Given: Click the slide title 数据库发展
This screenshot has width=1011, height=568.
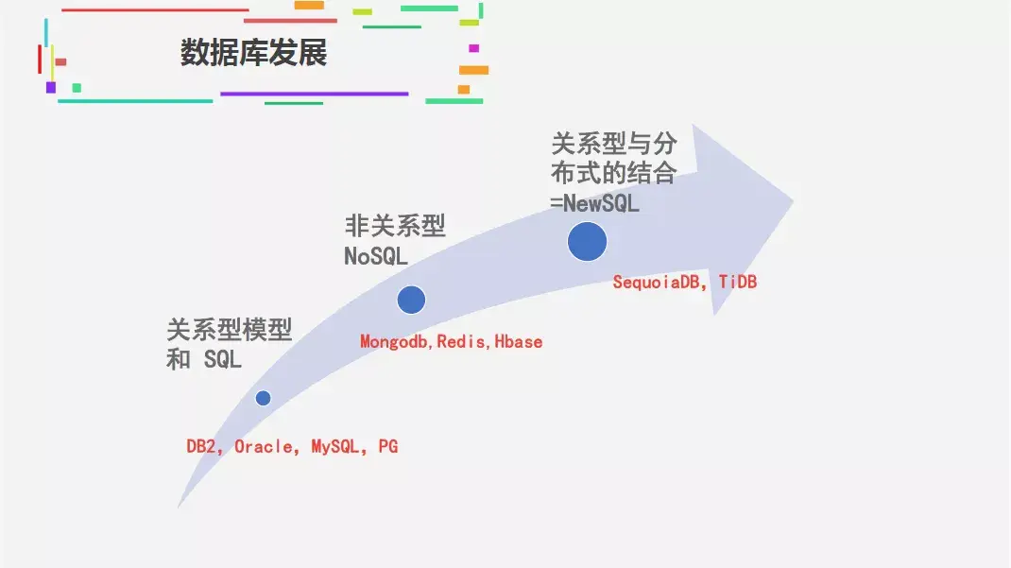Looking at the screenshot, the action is click(253, 53).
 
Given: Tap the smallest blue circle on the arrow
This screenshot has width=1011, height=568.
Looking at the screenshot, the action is click(263, 398).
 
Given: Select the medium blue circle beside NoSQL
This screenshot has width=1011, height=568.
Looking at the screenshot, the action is click(411, 300).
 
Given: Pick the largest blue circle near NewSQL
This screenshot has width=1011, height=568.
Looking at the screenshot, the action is click(587, 242).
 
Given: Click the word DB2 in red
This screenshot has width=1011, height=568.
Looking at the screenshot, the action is click(203, 447).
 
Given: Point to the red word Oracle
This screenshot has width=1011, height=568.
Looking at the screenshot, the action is click(264, 447).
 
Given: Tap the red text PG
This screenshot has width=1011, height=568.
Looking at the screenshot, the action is click(388, 447).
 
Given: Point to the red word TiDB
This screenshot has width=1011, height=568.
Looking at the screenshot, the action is click(738, 282).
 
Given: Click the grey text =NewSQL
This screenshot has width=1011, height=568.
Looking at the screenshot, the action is click(594, 202).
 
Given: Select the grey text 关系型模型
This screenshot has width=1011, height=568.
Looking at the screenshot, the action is click(230, 330).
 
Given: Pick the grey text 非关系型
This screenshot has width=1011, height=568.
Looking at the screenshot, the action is click(395, 226).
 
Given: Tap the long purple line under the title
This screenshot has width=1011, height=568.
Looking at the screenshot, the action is click(314, 94).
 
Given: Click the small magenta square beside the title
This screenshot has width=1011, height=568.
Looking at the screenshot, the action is click(473, 48).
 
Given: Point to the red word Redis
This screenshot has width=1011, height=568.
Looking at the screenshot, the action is click(462, 342).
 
